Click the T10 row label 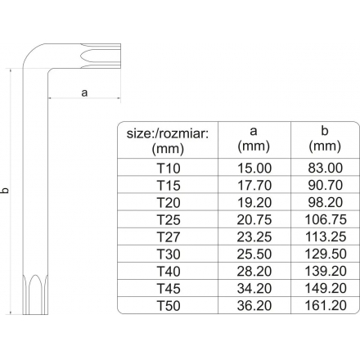[x=169, y=168]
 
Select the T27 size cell [x=169, y=236]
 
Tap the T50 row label [x=169, y=305]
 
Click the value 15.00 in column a [x=254, y=168]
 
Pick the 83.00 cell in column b [x=326, y=168]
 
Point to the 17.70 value [x=254, y=185]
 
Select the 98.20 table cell [x=326, y=202]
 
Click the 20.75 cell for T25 [x=254, y=219]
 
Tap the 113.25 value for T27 [x=326, y=236]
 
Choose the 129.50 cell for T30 [x=326, y=254]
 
